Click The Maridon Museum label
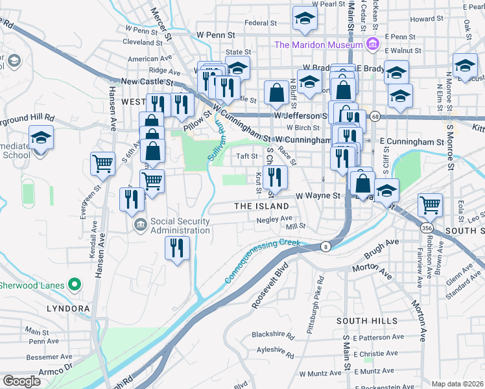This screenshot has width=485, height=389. click(x=317, y=45)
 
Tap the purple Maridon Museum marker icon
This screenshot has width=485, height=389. click(x=372, y=44)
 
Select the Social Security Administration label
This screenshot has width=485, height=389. click(x=180, y=226)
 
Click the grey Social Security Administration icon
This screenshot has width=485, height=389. click(x=140, y=226)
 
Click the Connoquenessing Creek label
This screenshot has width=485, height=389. click(x=263, y=261)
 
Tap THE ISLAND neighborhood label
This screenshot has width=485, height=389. click(x=261, y=206)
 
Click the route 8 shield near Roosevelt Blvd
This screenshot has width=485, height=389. click(x=324, y=246)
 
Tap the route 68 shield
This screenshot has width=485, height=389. click(x=375, y=116)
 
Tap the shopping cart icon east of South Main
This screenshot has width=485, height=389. click(x=430, y=204)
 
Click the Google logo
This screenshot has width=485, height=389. click(x=21, y=381)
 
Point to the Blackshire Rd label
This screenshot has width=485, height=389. click(x=273, y=336)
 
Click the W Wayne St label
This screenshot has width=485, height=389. click(x=318, y=195)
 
